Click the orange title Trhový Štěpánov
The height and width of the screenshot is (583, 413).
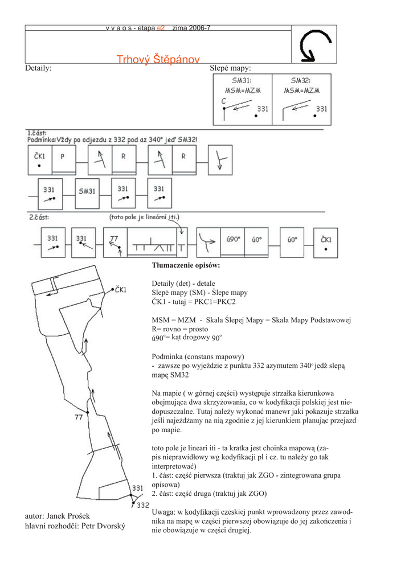(x=158, y=60)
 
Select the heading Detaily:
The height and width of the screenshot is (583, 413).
(x=38, y=68)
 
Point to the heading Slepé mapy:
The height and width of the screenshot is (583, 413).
(x=231, y=68)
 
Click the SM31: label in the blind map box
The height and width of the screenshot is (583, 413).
(x=242, y=81)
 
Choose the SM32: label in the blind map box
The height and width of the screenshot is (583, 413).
(x=301, y=81)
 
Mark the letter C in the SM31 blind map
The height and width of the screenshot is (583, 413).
(x=224, y=101)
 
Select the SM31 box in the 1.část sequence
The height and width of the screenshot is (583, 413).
(x=87, y=191)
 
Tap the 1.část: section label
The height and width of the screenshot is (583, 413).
(x=37, y=133)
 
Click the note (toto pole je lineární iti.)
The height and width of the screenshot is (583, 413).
(x=144, y=217)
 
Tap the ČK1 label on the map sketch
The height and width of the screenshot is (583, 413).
(x=121, y=290)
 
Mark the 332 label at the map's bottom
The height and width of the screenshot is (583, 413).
(x=142, y=505)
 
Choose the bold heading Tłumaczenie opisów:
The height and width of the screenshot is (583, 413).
(x=186, y=265)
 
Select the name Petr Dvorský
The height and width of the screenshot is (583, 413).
(x=103, y=526)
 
